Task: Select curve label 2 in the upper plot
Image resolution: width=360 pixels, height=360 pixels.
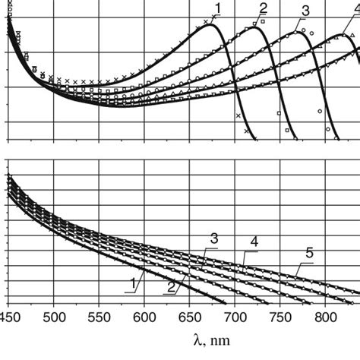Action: coord(263,8)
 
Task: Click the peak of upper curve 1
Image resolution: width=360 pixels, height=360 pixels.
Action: coord(206,25)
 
